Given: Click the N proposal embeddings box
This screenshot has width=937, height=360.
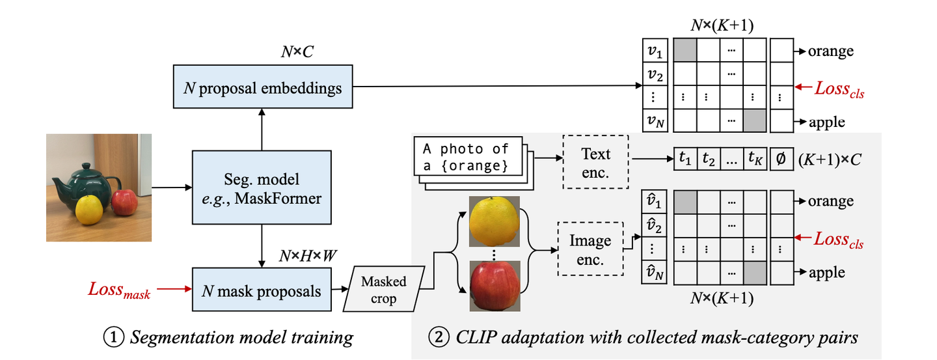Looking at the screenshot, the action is [x=263, y=87].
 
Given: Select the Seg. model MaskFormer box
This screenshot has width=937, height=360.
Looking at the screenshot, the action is [x=262, y=187].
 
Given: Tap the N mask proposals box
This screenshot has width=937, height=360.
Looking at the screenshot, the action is [x=262, y=290].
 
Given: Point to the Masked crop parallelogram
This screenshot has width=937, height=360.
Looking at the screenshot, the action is [x=384, y=289].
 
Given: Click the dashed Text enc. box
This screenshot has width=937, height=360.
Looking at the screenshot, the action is [x=595, y=162].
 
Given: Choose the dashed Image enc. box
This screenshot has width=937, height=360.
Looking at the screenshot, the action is [x=590, y=249].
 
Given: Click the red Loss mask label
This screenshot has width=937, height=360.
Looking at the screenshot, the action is [x=119, y=290].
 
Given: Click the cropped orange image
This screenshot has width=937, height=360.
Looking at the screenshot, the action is [x=495, y=221].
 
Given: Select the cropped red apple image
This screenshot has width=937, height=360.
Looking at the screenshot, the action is [x=495, y=286].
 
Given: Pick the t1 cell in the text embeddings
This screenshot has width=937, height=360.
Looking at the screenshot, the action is [x=685, y=159].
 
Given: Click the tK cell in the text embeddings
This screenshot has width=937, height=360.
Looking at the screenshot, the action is [x=755, y=159].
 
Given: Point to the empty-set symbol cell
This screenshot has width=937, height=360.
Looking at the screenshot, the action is [x=781, y=159].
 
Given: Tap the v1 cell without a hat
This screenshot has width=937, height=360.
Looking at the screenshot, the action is [x=655, y=50].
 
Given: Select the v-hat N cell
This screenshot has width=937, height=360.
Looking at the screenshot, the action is [x=654, y=273].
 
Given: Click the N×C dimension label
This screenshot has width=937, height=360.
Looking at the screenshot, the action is [x=297, y=52].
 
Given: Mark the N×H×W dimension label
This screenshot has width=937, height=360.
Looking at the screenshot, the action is [x=308, y=256].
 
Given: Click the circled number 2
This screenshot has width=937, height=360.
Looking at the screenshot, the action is [x=439, y=337].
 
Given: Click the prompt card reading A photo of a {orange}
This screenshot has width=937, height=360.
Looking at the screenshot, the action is [x=468, y=156].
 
